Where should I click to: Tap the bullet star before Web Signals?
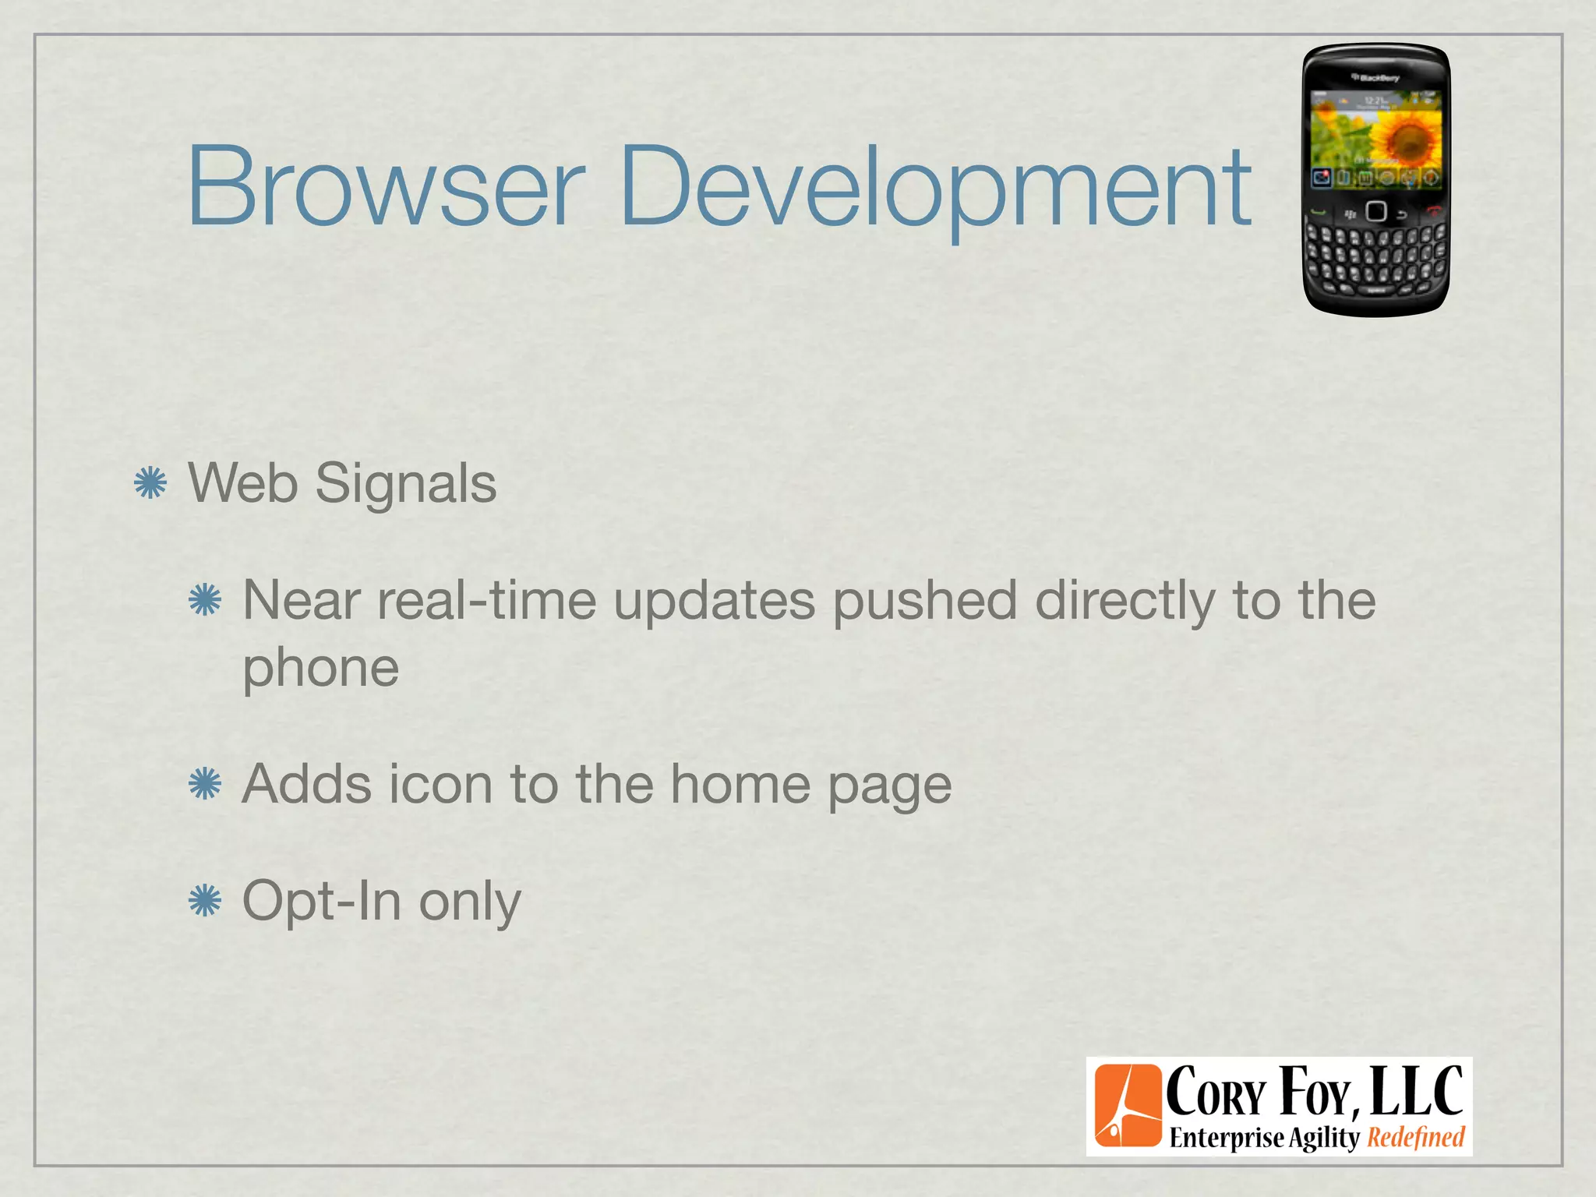coord(150,483)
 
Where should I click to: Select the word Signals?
coord(405,485)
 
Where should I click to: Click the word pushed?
coord(924,602)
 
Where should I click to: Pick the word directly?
coord(1125,602)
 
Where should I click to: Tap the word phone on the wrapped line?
coord(321,669)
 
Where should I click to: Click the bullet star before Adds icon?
coord(205,784)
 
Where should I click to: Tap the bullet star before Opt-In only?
coord(205,901)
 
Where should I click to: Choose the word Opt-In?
coord(322,901)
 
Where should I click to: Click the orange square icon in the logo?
coord(1127,1106)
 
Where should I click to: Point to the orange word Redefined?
coord(1416,1138)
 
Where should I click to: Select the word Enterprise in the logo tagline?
coord(1226,1138)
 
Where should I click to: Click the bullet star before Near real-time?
coord(205,601)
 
